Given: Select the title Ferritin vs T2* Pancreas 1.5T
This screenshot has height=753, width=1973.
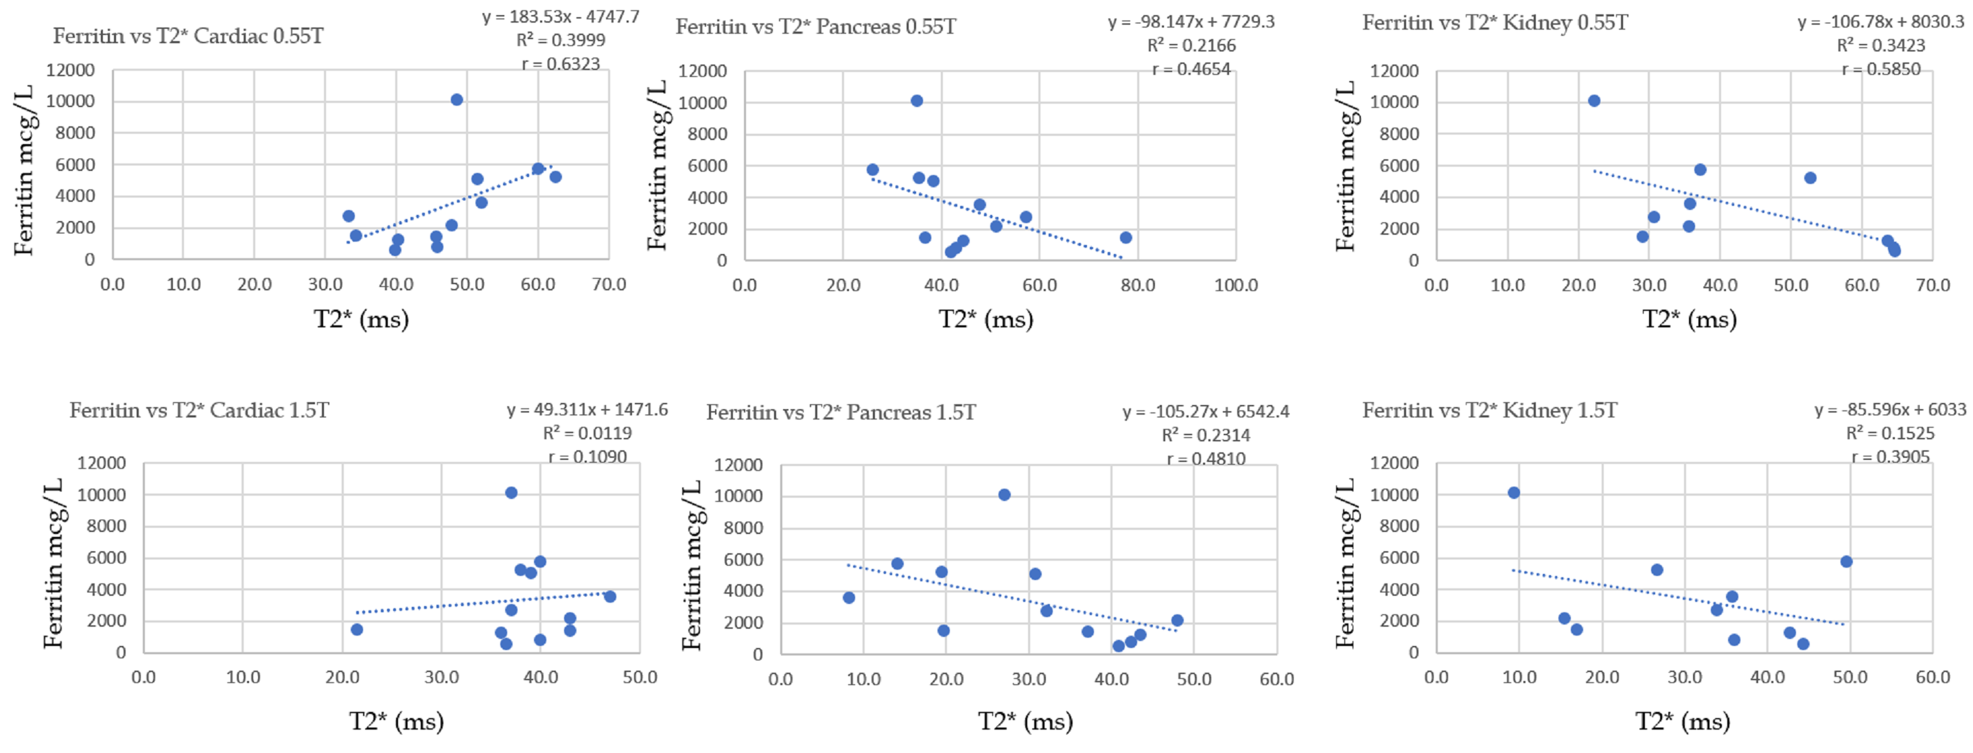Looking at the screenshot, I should pos(840,413).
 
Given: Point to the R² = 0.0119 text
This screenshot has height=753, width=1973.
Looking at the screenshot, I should pos(587,434).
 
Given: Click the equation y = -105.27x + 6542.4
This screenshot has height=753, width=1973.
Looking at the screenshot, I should pos(1206,412).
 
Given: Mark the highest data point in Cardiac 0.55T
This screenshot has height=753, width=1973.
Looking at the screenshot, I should pos(456,100).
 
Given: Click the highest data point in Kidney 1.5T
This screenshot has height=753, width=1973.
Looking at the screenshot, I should pos(1513,493).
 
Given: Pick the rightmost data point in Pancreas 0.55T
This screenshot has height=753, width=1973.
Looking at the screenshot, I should pos(1125,238).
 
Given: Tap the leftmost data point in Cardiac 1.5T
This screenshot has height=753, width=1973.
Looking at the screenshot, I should pos(357,629).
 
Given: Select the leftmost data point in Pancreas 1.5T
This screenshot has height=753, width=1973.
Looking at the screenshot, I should pos(849,597).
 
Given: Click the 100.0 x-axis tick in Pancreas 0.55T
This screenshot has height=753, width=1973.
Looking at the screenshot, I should pos(1235,286).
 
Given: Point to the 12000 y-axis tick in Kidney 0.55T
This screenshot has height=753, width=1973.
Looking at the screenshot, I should pos(1394,71).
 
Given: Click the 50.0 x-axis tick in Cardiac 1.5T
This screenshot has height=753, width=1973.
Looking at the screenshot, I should pos(640,678).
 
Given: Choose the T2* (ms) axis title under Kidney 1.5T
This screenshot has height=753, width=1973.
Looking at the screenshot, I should pos(1683,721).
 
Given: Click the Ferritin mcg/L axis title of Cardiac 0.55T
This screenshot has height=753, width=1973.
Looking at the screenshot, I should pos(24,170).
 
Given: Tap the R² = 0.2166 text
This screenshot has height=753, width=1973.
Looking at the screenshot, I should pos(1191,46).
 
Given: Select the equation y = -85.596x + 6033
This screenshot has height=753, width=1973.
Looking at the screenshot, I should pos(1889,410).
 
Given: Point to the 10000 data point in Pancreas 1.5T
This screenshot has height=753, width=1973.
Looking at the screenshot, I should pos(1004,495).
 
